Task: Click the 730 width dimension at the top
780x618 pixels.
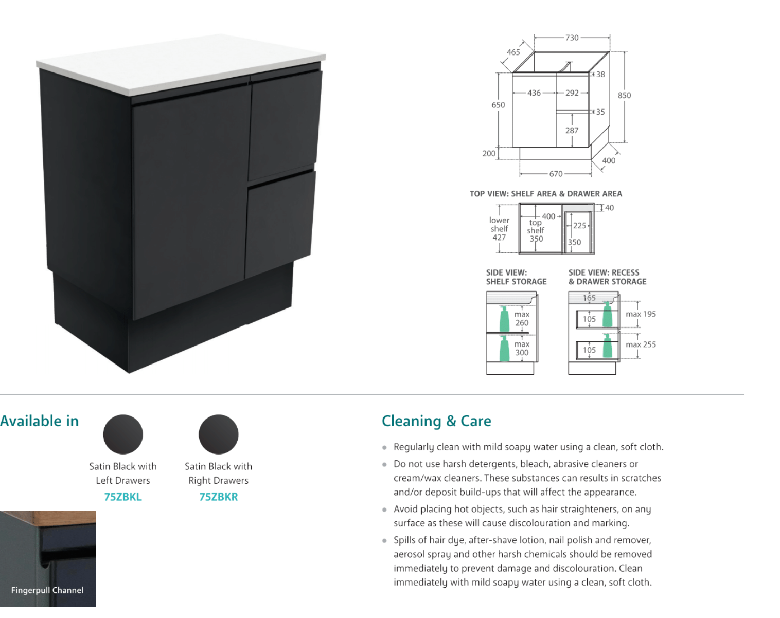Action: (572, 38)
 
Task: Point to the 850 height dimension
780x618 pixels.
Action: (624, 95)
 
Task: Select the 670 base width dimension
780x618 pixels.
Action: (556, 174)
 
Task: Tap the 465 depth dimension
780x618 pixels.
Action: (513, 52)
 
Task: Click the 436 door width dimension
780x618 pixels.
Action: (534, 93)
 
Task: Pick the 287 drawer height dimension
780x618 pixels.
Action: (572, 131)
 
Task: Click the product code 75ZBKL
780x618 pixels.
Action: (123, 497)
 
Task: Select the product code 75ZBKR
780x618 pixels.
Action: (219, 497)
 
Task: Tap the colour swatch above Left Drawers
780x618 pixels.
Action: (123, 434)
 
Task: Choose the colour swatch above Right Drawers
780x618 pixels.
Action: (219, 434)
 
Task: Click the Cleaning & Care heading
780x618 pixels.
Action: (436, 421)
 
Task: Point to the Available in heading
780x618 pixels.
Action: (39, 421)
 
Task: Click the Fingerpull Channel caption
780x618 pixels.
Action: (47, 590)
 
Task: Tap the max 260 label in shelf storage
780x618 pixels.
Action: (522, 318)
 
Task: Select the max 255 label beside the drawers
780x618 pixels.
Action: (641, 344)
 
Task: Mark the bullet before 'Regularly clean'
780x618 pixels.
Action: (384, 448)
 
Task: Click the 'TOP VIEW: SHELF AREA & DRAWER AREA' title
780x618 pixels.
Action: (545, 194)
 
